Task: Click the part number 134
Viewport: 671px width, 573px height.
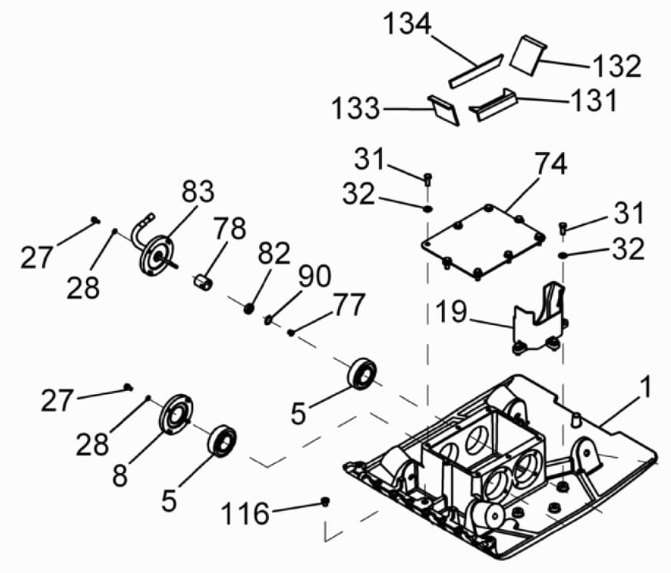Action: pos(407,24)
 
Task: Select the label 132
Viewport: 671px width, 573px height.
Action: pos(616,66)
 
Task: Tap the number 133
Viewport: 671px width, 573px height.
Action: pos(356,108)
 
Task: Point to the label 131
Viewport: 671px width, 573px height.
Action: pos(593,100)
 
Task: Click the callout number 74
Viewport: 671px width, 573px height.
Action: pos(551,164)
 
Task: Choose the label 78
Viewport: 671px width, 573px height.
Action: pos(230,228)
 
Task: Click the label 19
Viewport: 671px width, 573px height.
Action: pos(452,311)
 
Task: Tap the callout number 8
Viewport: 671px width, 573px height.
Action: pos(120,475)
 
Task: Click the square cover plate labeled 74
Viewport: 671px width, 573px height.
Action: pos(483,242)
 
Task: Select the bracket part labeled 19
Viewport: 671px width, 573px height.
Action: pos(540,320)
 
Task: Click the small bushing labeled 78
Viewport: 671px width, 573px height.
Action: pos(202,283)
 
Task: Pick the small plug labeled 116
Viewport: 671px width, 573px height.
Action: pos(325,501)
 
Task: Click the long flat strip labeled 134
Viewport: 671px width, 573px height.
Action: pos(476,71)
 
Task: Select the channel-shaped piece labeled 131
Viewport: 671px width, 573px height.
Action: pos(494,104)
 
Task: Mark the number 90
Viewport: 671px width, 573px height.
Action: pos(314,276)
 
